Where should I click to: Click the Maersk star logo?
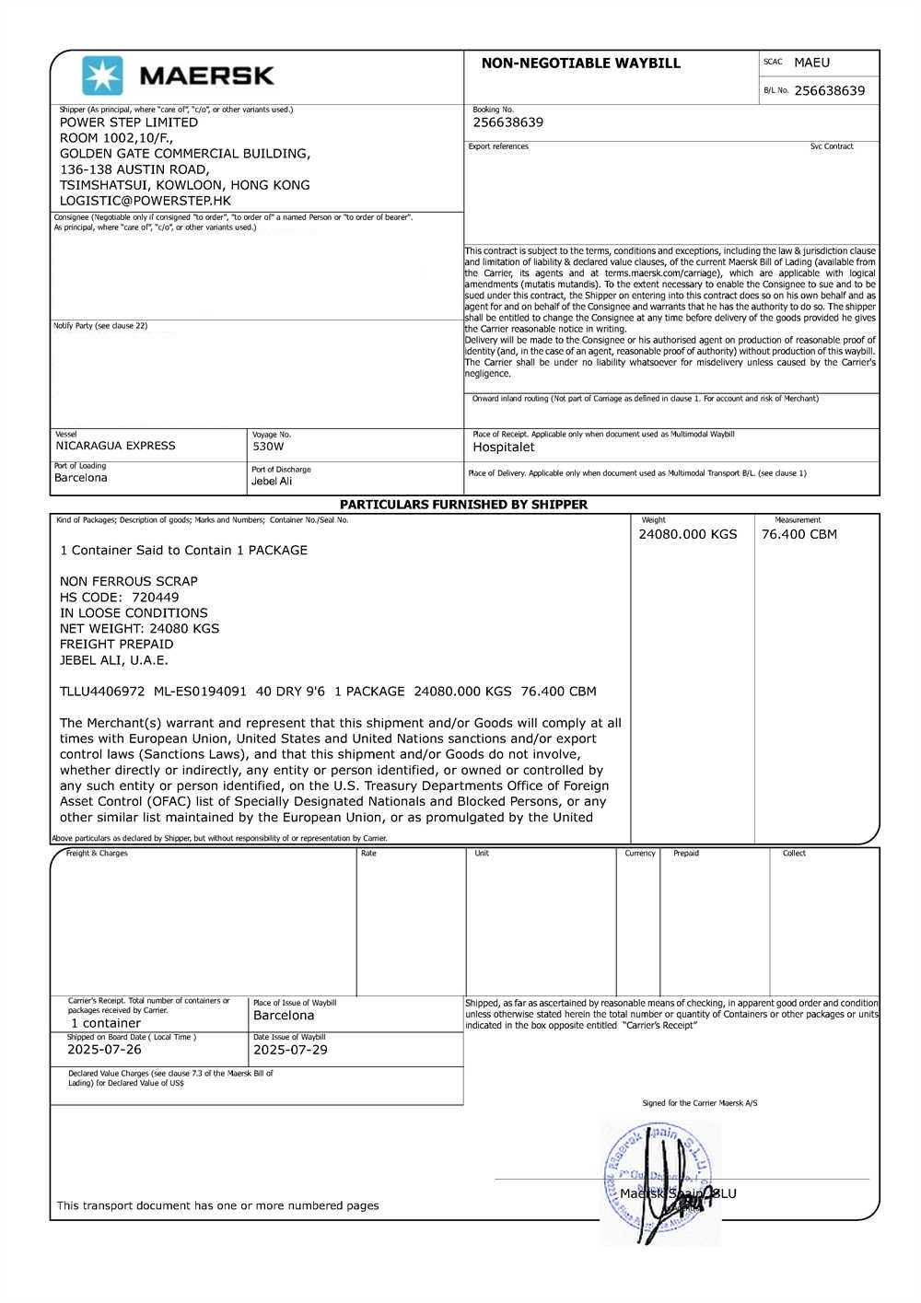point(102,76)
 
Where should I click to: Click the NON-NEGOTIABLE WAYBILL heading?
point(580,64)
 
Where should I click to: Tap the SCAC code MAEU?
point(811,63)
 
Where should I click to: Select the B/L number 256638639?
point(829,90)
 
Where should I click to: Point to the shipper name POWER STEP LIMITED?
point(129,122)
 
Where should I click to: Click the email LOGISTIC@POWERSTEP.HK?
point(146,201)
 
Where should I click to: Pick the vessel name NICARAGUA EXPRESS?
point(115,446)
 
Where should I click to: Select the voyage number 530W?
point(268,447)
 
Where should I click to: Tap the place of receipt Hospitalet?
point(503,448)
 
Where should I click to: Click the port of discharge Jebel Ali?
point(272,482)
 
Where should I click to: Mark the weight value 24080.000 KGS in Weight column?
point(688,534)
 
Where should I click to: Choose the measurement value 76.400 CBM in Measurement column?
point(799,534)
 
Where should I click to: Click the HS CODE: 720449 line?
point(120,598)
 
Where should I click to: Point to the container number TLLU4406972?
point(102,692)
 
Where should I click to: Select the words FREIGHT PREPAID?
point(116,645)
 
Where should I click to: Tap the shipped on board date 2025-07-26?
point(104,1050)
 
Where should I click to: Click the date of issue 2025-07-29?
point(290,1050)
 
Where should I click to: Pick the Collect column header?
point(794,854)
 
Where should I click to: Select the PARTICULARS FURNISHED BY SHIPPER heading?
point(463,505)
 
